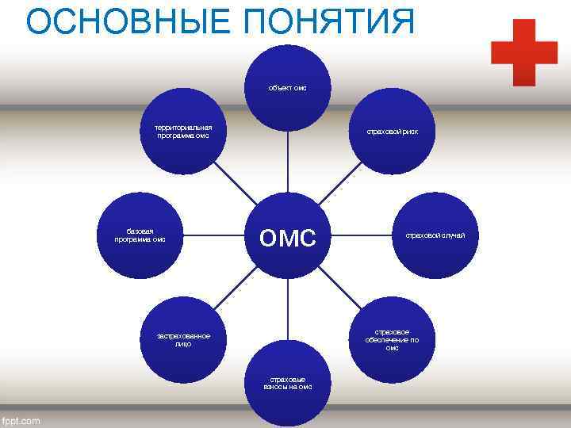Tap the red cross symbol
(x=523, y=52)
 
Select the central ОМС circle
(x=287, y=235)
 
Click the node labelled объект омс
(x=287, y=87)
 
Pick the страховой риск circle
(x=392, y=131)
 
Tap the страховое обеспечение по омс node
(x=392, y=339)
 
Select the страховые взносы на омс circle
(x=287, y=384)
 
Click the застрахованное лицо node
(x=184, y=339)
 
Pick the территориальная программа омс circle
(x=184, y=131)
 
